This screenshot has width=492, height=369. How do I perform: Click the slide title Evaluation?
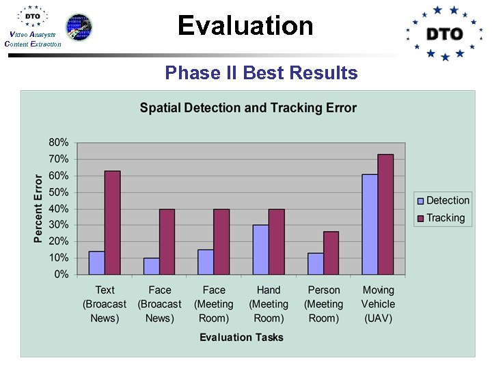[x=245, y=26]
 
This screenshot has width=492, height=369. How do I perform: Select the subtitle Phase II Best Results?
[x=261, y=72]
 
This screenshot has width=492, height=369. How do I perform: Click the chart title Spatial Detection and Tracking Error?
[x=248, y=108]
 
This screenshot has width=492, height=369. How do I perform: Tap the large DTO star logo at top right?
[x=444, y=33]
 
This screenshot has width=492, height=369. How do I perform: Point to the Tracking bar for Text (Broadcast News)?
[x=112, y=223]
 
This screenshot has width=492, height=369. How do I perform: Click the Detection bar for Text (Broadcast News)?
[x=96, y=263]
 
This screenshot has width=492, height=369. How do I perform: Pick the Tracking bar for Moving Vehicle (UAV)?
[x=385, y=215]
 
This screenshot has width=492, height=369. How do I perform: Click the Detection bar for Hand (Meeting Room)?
[x=260, y=250]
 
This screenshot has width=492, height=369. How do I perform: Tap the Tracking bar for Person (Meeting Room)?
[x=331, y=253]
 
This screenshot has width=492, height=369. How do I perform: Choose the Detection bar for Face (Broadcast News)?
[x=151, y=266]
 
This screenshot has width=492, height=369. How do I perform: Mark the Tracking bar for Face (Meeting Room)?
[x=221, y=242]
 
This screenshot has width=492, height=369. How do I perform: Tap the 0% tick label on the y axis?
[x=61, y=275]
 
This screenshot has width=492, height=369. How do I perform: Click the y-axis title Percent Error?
[x=39, y=208]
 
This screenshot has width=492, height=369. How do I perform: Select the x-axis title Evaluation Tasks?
[x=241, y=337]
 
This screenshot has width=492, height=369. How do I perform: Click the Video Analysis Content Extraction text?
[x=32, y=39]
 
